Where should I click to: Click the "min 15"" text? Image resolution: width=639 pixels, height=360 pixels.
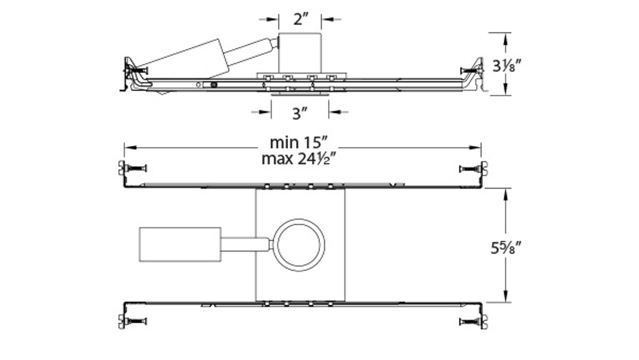pyautogui.click(x=299, y=142)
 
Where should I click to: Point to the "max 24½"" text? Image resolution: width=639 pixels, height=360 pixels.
pyautogui.click(x=299, y=159)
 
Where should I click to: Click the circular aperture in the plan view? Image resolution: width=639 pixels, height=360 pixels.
pyautogui.click(x=299, y=245)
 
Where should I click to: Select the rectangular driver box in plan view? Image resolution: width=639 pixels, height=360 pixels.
pyautogui.click(x=180, y=244)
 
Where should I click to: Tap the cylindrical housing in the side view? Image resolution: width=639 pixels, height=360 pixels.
pyautogui.click(x=300, y=52)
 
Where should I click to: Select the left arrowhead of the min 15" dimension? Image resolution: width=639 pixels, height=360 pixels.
pyautogui.click(x=128, y=147)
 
